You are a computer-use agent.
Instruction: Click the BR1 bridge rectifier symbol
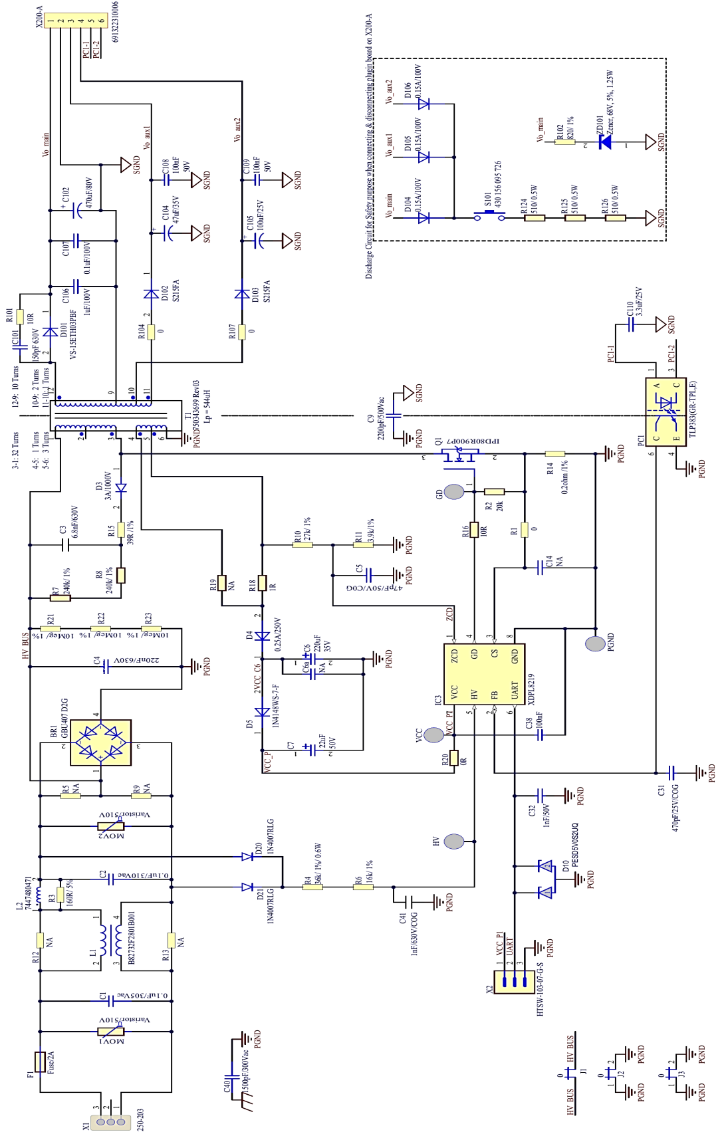pyautogui.click(x=100, y=742)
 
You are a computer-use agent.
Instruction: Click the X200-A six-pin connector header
pyautogui.click(x=76, y=21)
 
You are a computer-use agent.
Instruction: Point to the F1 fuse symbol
pyautogui.click(x=40, y=1062)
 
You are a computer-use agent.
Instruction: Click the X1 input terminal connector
pyautogui.click(x=110, y=1121)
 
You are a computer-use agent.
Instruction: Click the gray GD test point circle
pyautogui.click(x=454, y=492)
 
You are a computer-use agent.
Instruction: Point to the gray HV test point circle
pyautogui.click(x=454, y=841)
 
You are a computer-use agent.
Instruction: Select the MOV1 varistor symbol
pyautogui.click(x=110, y=1031)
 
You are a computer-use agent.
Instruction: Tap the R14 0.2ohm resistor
pyautogui.click(x=554, y=454)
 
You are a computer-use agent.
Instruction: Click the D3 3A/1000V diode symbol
pyautogui.click(x=121, y=488)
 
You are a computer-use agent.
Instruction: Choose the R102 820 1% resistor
pyautogui.click(x=564, y=142)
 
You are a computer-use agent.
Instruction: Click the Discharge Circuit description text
pyautogui.click(x=369, y=146)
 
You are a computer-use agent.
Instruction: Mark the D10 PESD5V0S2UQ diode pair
pyautogui.click(x=546, y=879)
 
